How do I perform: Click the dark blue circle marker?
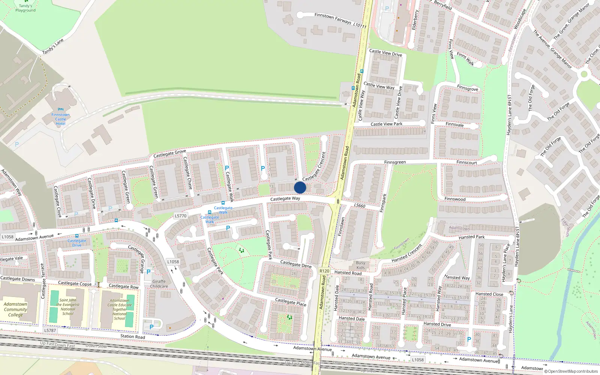click(300, 187)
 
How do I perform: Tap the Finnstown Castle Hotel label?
click(60, 119)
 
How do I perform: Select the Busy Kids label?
click(360, 265)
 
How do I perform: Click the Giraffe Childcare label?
click(159, 284)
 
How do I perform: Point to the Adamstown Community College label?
click(15, 309)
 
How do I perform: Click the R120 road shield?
click(324, 271)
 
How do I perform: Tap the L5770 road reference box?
click(180, 216)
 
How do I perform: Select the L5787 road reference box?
click(50, 330)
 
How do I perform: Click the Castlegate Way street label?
click(285, 198)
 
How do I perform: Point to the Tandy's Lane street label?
click(53, 46)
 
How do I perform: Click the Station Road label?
click(133, 336)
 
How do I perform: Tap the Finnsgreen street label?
click(395, 162)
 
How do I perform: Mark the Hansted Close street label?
click(489, 294)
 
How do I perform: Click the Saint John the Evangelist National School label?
click(68, 307)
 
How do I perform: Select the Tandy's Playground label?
click(25, 8)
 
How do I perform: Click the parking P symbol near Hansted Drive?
click(469, 339)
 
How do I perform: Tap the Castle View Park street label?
click(386, 124)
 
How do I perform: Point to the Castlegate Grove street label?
click(169, 153)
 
